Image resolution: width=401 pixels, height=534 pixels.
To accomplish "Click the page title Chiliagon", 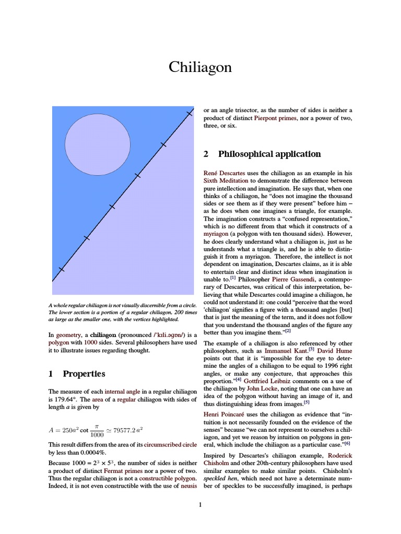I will click(x=200, y=68).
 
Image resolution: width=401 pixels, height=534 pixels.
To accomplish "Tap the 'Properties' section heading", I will click(x=84, y=373).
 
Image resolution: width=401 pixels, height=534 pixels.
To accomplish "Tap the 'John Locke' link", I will click(x=261, y=388).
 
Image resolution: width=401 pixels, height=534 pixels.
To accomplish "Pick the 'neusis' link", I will click(x=187, y=486).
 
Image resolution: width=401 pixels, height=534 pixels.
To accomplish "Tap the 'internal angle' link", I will click(x=121, y=391).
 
